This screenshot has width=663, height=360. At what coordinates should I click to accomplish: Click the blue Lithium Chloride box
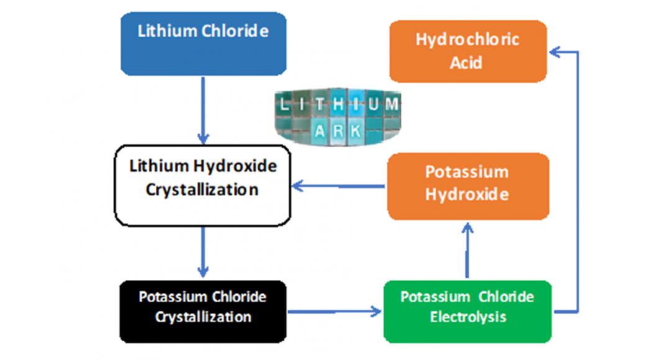[x=203, y=44]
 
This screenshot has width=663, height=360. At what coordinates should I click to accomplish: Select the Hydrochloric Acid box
[x=467, y=52]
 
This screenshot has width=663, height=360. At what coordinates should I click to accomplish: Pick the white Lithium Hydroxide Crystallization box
[x=203, y=186]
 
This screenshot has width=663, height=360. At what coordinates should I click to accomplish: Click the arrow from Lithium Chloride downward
[x=203, y=109]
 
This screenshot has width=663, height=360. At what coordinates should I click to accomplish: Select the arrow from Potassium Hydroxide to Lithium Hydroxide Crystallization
[x=338, y=185]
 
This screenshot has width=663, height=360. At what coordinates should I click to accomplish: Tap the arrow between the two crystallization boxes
[x=203, y=251]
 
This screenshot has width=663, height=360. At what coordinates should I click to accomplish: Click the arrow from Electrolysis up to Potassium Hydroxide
[x=467, y=251]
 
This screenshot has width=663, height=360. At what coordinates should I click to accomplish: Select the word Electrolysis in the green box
[x=468, y=317]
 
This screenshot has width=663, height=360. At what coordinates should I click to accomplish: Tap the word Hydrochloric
[x=467, y=40]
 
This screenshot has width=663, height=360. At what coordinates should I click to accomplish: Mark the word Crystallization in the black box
[x=203, y=317]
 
